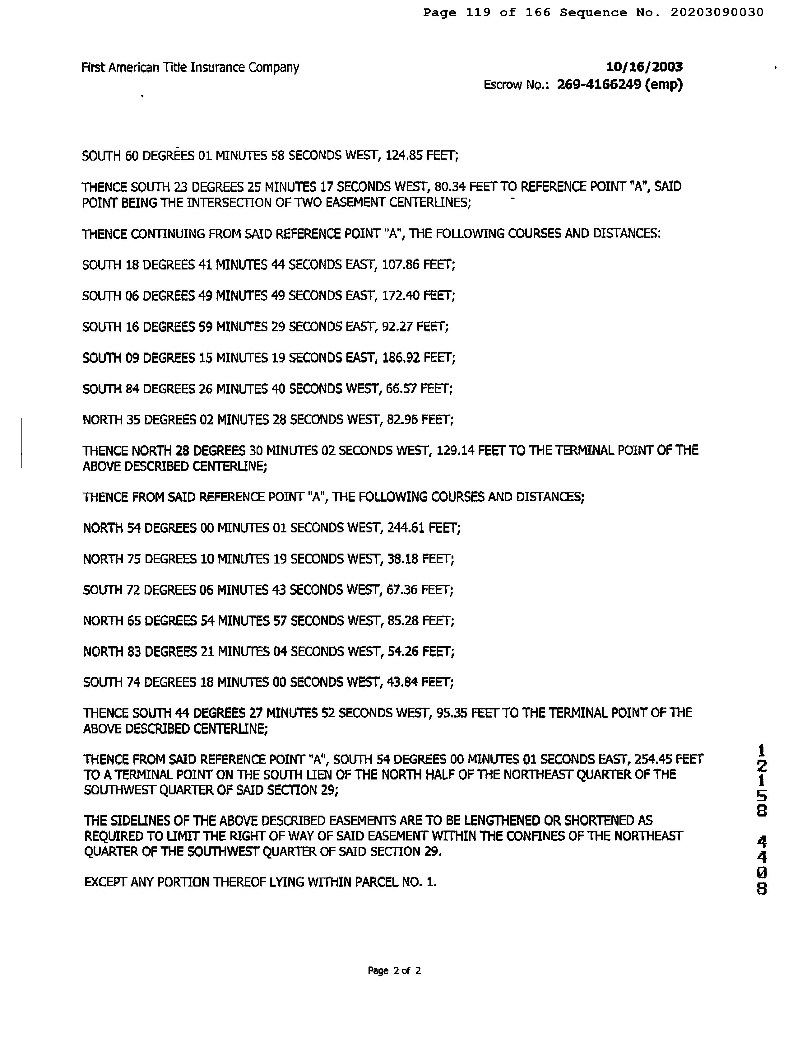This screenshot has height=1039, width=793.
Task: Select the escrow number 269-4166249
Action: point(599,85)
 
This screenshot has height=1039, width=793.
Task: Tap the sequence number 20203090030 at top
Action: point(716,13)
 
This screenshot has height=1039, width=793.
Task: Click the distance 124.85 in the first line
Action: point(404,156)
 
